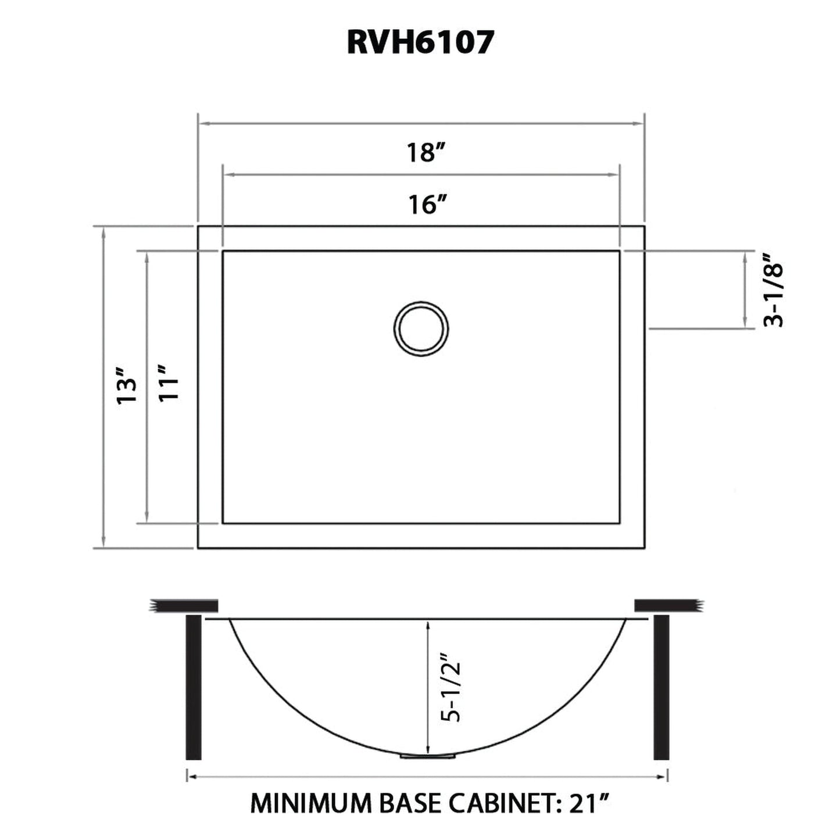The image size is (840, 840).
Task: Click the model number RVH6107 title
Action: click(x=420, y=42)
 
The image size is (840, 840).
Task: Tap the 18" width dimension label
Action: click(x=426, y=153)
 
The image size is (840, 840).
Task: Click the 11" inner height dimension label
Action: click(x=169, y=384)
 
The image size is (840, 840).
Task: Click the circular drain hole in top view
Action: click(x=421, y=328)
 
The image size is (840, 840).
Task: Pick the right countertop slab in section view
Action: click(x=669, y=606)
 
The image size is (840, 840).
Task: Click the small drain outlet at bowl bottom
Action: click(x=427, y=756)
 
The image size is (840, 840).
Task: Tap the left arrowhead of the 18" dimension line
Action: click(x=203, y=123)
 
